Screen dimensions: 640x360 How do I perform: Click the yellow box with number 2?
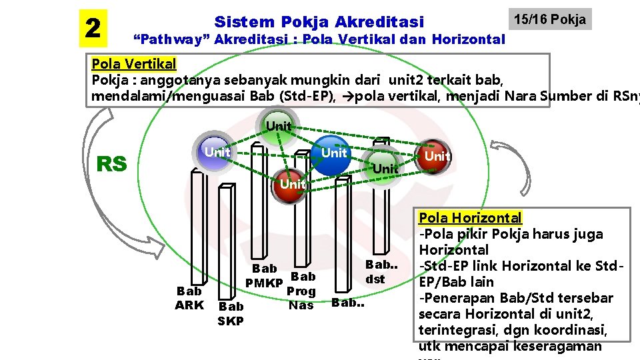tap(93, 28)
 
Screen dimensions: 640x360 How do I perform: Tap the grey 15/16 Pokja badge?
tap(549, 19)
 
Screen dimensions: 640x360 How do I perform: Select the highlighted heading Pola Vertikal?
tap(134, 64)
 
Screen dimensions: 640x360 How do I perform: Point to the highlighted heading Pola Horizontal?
tap(470, 217)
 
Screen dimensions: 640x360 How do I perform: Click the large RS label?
tap(112, 163)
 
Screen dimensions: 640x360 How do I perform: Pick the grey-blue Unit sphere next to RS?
tap(216, 153)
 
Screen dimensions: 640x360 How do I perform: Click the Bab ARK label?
tap(189, 298)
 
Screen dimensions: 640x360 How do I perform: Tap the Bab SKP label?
tap(231, 313)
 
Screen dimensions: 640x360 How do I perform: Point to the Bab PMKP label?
tap(265, 276)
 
